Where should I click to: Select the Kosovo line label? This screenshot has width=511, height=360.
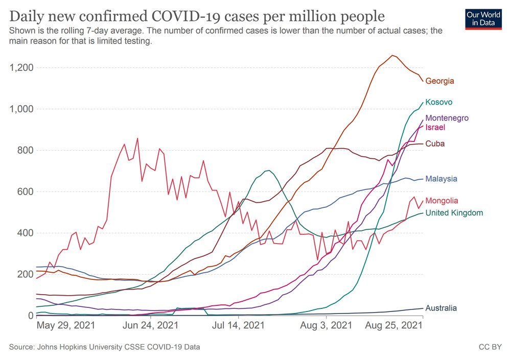pyautogui.click(x=438, y=102)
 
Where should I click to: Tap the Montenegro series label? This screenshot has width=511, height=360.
pyautogui.click(x=447, y=118)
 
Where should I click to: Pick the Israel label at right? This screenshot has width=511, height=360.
pyautogui.click(x=435, y=127)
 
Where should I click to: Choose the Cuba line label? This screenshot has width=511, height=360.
pyautogui.click(x=435, y=143)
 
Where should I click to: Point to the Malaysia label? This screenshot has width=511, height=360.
pyautogui.click(x=441, y=179)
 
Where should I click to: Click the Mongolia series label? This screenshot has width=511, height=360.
pyautogui.click(x=442, y=201)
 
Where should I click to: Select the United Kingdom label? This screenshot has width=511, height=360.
pyautogui.click(x=454, y=212)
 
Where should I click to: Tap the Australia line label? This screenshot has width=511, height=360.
pyautogui.click(x=441, y=308)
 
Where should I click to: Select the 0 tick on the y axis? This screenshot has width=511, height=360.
pyautogui.click(x=31, y=316)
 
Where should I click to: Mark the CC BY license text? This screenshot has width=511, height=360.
pyautogui.click(x=490, y=347)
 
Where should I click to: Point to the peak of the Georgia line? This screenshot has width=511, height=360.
pyautogui.click(x=392, y=55)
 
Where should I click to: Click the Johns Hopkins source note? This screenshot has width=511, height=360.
pyautogui.click(x=105, y=347)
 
